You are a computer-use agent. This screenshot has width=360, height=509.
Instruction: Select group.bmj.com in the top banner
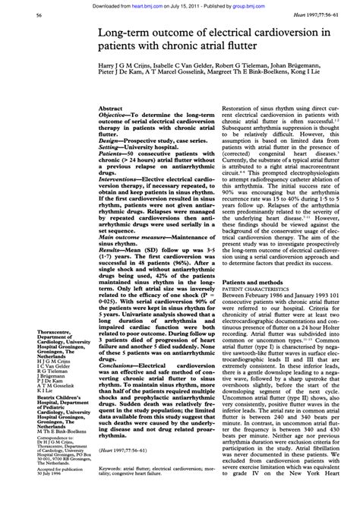(x=271, y=4)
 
